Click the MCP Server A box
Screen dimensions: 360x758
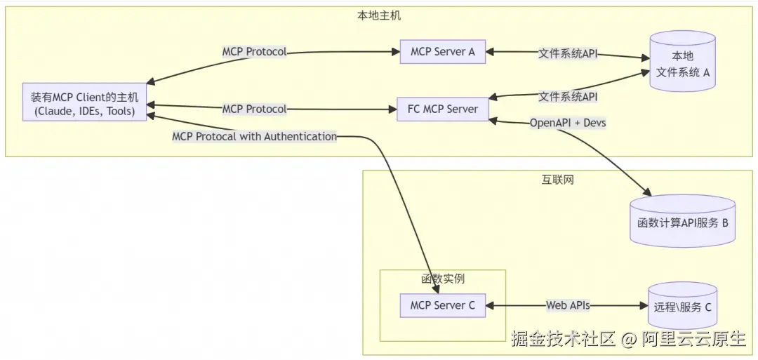(x=442, y=52)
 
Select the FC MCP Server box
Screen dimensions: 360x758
(x=442, y=109)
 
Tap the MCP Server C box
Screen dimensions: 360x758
(x=442, y=305)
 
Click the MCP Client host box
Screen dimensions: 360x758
(x=84, y=104)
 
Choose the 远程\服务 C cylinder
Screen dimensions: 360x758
(x=682, y=306)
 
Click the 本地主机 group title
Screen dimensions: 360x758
(x=379, y=15)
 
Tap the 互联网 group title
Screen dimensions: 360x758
(x=558, y=180)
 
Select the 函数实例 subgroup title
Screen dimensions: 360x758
(x=442, y=279)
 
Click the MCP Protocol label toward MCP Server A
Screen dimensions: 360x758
(x=254, y=52)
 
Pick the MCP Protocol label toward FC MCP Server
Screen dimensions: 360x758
(x=254, y=109)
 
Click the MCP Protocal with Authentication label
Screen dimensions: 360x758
(x=254, y=137)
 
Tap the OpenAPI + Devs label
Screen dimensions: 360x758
(x=568, y=123)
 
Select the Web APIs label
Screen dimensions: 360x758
(x=568, y=305)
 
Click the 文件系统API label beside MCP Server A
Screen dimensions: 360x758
(x=568, y=53)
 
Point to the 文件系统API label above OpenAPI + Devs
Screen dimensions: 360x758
(x=568, y=96)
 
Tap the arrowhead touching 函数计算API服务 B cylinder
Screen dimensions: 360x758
(x=646, y=193)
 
